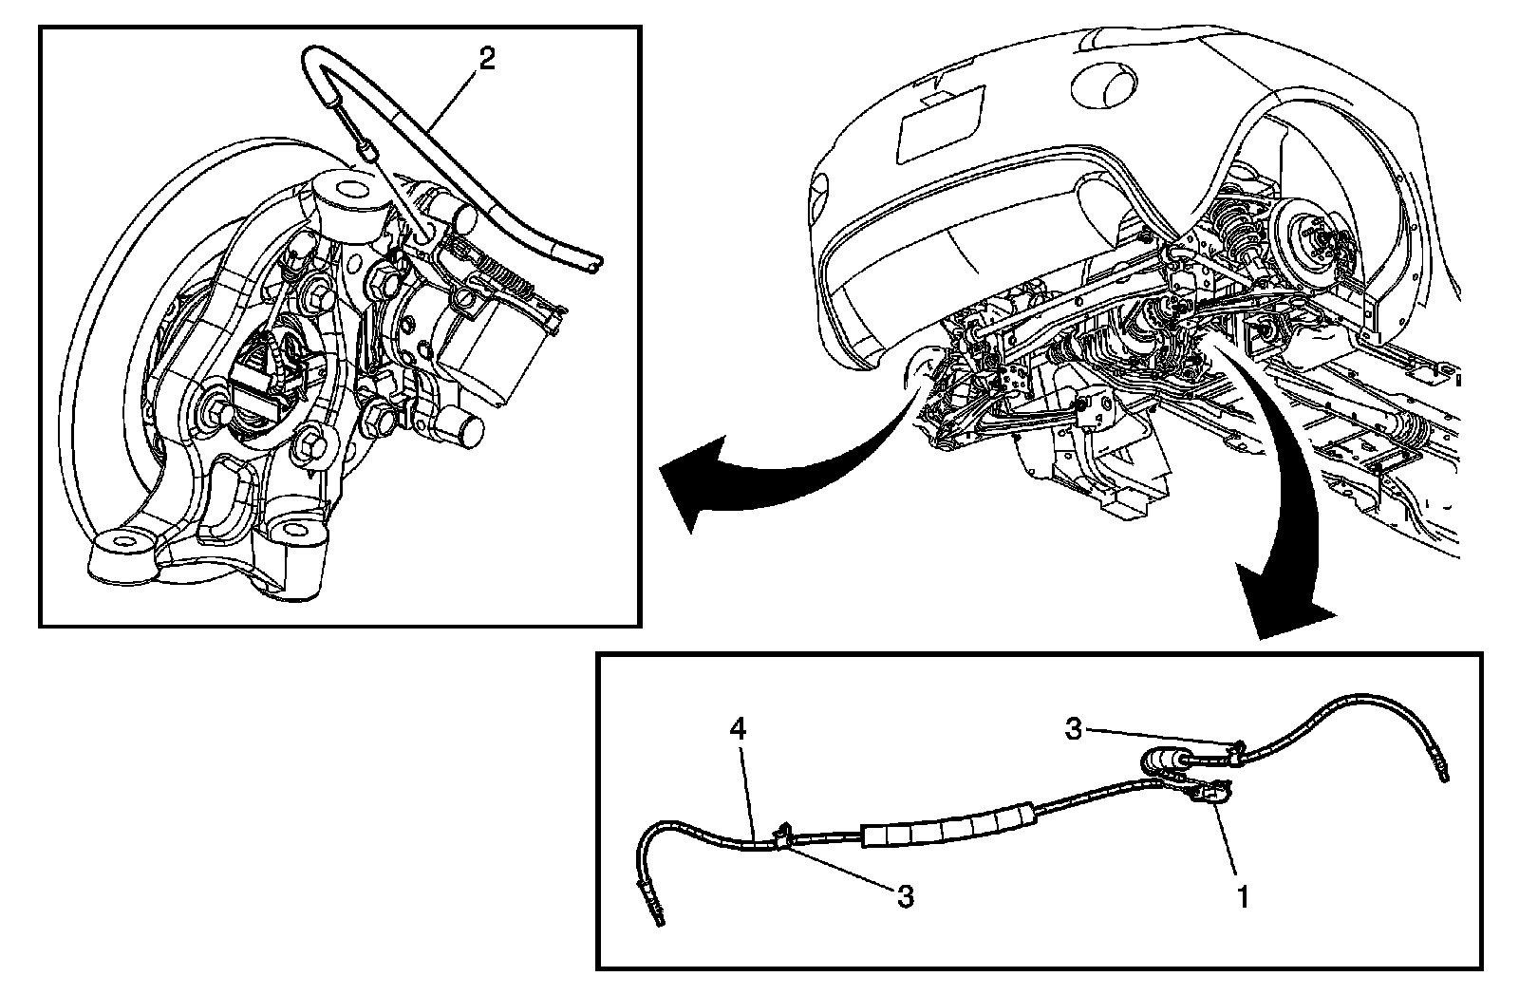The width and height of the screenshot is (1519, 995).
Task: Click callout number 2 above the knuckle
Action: pyautogui.click(x=485, y=60)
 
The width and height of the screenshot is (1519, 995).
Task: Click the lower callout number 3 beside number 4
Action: pyautogui.click(x=905, y=895)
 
